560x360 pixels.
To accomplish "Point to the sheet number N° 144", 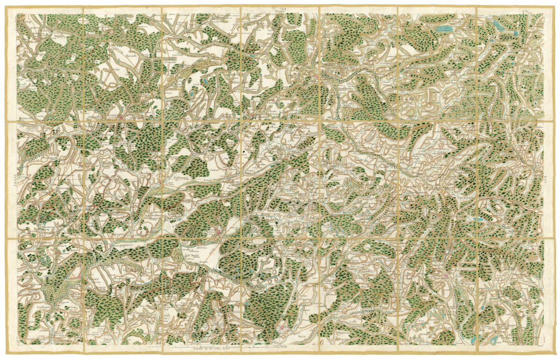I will (x=280, y=7).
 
